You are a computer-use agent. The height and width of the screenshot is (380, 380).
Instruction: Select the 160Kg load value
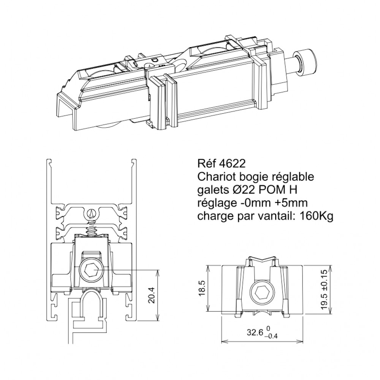click(x=317, y=216)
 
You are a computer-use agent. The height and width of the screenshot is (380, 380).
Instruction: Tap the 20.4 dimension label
click(x=152, y=295)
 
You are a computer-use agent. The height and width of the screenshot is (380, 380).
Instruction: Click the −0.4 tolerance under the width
click(x=272, y=336)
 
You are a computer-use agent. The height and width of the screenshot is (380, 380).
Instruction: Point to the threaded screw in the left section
click(x=91, y=228)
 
